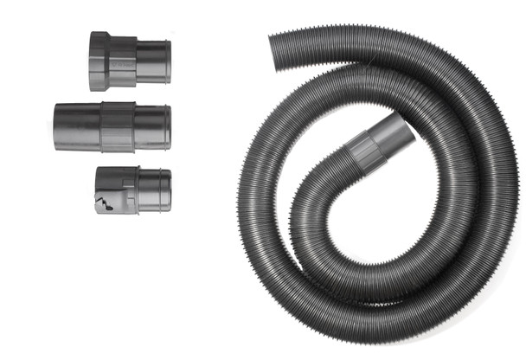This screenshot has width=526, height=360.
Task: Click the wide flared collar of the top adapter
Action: point(99,61)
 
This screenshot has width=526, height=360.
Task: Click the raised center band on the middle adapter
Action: point(117,127)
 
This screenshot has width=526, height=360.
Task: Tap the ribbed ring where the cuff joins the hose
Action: point(362,154)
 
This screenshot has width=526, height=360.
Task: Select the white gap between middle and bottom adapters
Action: point(112,159)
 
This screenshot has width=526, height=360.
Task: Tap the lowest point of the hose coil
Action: point(381,333)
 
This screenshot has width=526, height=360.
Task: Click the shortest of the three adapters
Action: point(132,190)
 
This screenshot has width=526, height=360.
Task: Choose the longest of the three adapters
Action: point(112,127)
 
